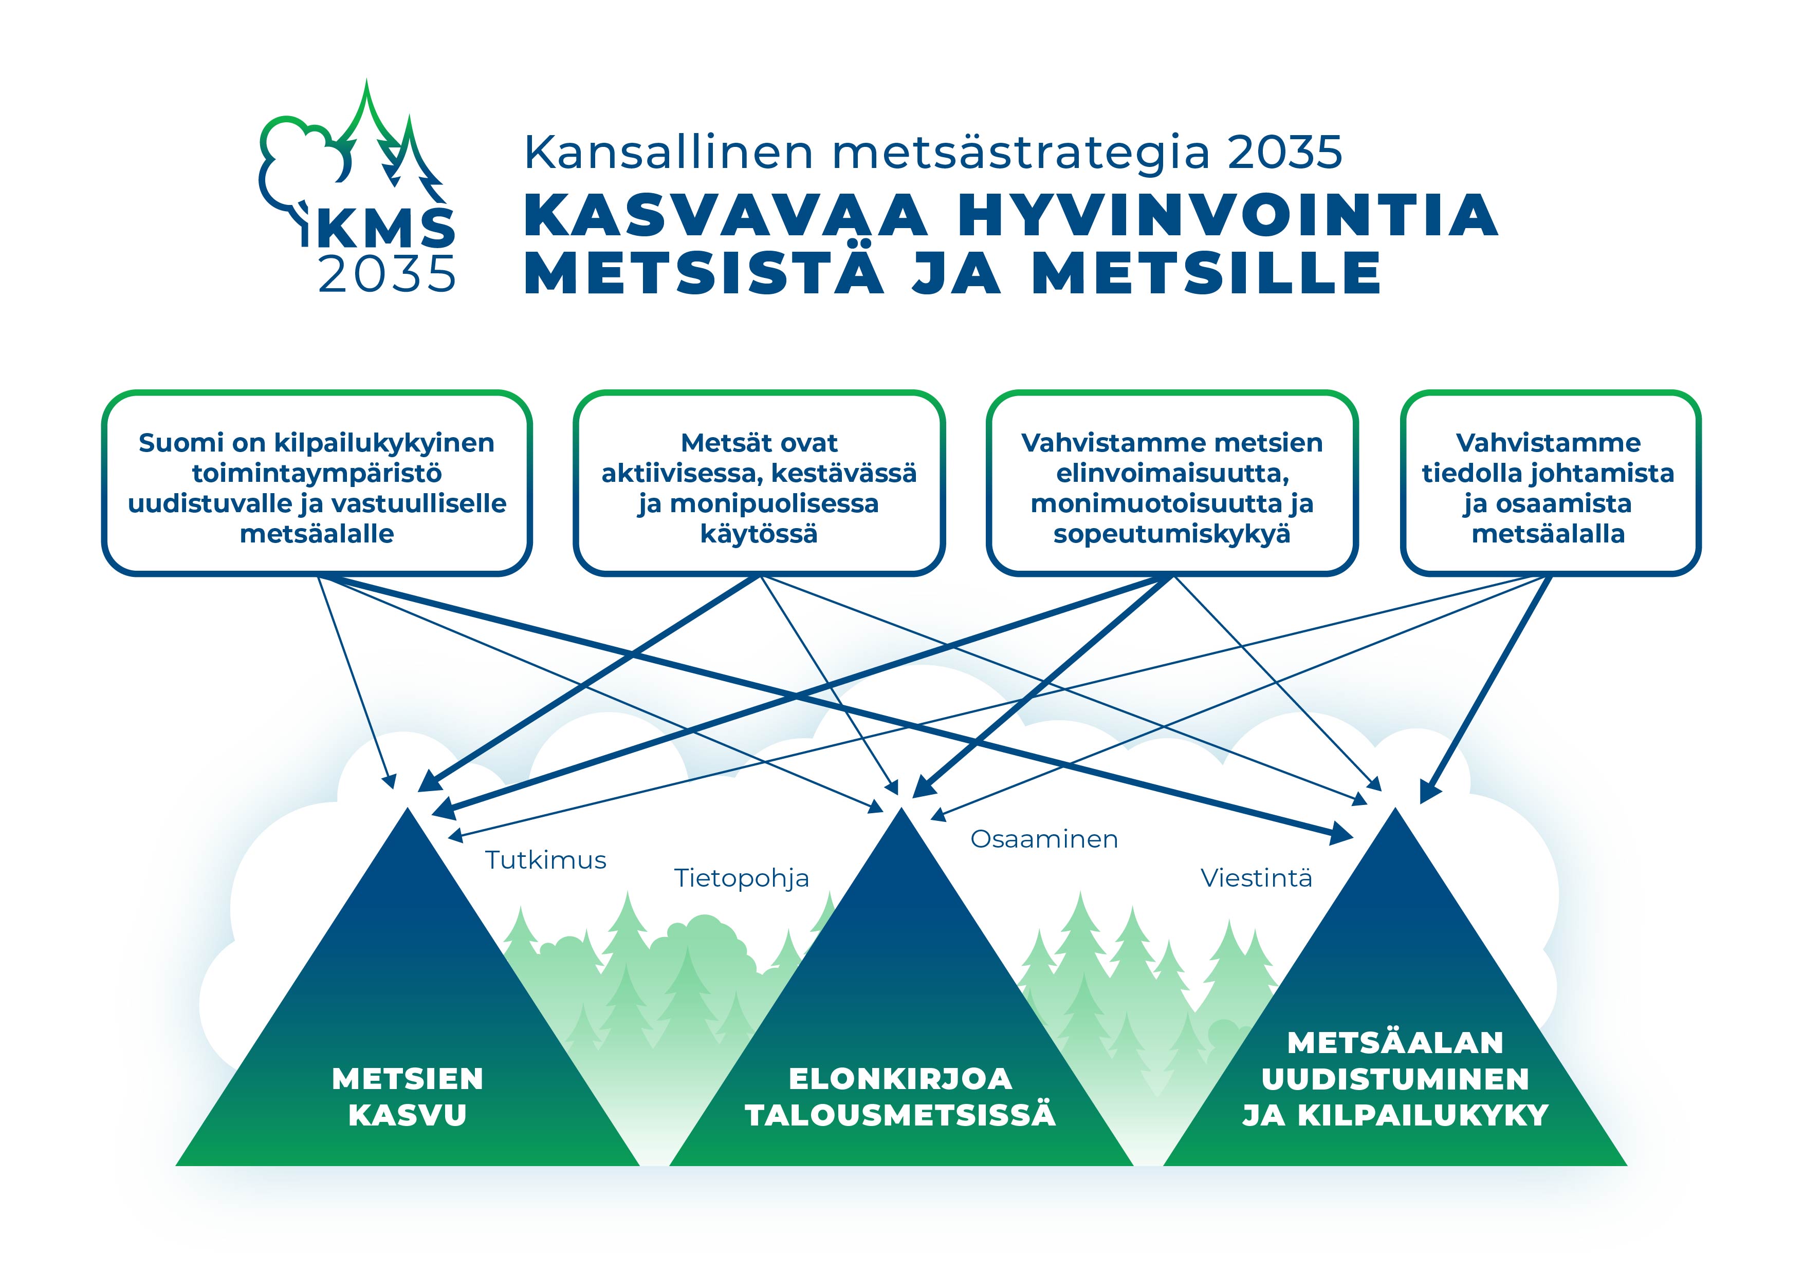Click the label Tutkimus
point(546,860)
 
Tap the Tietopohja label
point(741,878)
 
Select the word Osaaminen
point(1044,839)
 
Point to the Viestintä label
point(1257,878)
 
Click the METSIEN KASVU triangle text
point(408,1097)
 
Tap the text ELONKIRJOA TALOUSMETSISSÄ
point(900,1097)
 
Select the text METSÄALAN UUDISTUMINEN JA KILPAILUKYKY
point(1395,1079)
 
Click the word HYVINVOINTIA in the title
point(1227,214)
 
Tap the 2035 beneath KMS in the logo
point(387,274)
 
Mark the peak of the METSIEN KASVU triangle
point(408,809)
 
